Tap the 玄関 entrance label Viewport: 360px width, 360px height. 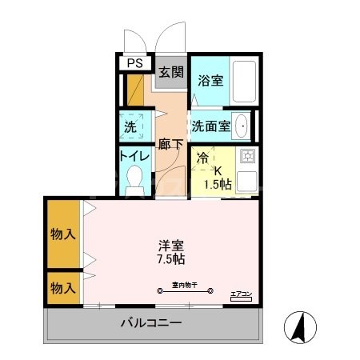[x=170, y=72]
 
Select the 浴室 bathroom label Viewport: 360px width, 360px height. [x=210, y=80]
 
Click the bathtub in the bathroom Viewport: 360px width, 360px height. [x=245, y=82]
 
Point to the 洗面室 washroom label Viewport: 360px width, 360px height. [x=212, y=126]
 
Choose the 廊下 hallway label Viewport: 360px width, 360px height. [x=170, y=145]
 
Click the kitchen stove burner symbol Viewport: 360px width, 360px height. [x=247, y=155]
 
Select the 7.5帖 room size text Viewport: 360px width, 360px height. [x=171, y=260]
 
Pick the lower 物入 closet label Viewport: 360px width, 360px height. [x=62, y=286]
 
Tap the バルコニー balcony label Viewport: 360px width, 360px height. [x=152, y=324]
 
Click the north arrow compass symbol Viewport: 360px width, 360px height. [x=299, y=328]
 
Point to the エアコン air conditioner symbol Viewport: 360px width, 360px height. [x=240, y=295]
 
